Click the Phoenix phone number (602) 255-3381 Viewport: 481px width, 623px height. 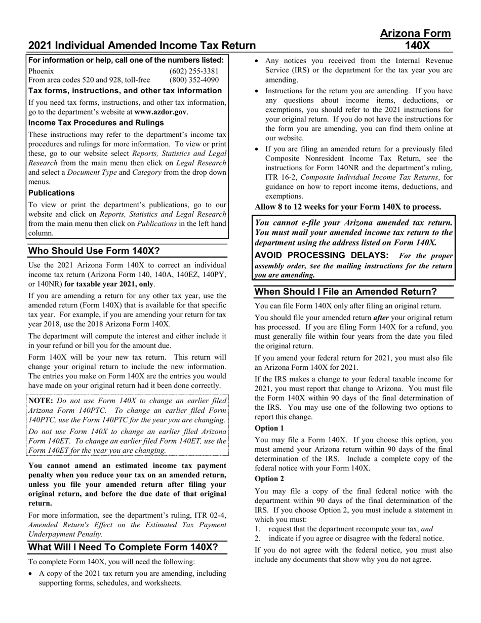194,71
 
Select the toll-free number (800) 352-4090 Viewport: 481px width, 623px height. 194,80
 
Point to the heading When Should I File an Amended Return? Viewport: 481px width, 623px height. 345,291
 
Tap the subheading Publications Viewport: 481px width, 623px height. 51,193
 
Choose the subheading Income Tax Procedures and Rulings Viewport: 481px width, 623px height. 96,123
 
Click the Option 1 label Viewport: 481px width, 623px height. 269,428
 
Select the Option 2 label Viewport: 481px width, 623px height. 269,479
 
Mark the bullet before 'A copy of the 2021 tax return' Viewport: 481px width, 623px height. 31,574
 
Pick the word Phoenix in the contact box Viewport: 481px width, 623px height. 41,71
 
